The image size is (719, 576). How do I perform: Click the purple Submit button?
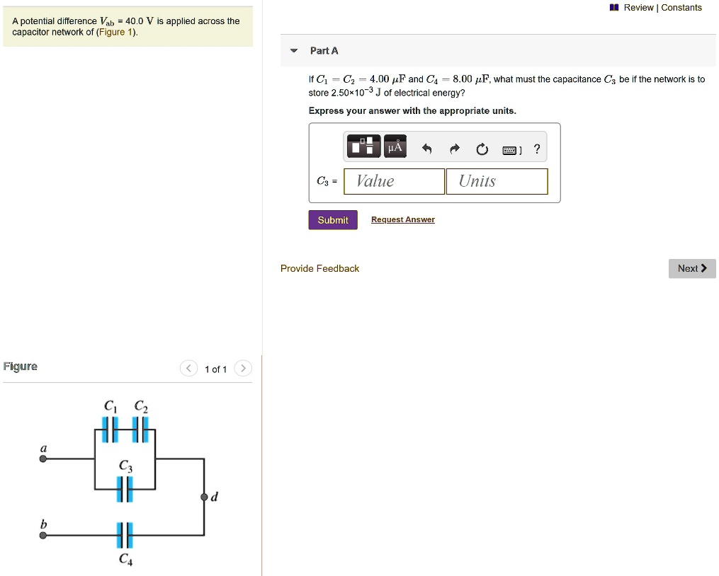(x=333, y=220)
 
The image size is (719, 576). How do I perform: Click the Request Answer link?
(x=402, y=220)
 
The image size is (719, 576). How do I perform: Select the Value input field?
(x=395, y=181)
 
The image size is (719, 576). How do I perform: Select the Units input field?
(x=497, y=181)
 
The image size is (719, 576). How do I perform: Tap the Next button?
(x=692, y=269)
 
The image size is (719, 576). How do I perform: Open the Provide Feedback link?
(x=319, y=269)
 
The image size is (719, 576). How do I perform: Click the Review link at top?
(x=638, y=8)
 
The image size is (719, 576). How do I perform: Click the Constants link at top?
(x=681, y=8)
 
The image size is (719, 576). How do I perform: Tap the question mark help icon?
(x=537, y=149)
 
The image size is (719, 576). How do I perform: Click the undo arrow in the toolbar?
(x=426, y=149)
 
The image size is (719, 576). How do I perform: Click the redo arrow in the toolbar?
(x=455, y=149)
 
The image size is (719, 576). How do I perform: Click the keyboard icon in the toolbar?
(x=510, y=149)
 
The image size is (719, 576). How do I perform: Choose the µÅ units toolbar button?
(x=395, y=147)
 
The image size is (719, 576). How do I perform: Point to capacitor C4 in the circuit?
(x=125, y=536)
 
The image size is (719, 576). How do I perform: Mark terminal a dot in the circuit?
(x=43, y=459)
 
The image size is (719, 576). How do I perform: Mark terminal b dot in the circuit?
(x=43, y=536)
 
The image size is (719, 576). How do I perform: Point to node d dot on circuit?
(x=205, y=496)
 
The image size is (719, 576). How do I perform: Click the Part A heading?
(x=324, y=51)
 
